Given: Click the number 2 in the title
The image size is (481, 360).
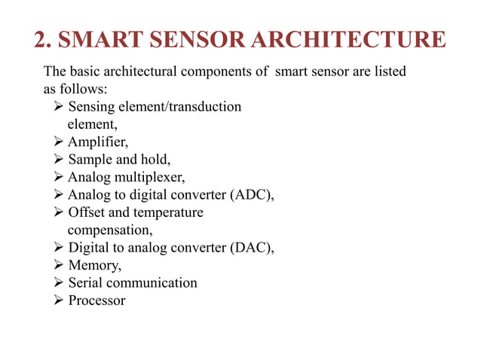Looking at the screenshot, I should pyautogui.click(x=42, y=40).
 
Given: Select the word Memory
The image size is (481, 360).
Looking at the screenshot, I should pyautogui.click(x=94, y=265).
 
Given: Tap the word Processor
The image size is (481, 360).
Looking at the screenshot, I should pyautogui.click(x=97, y=301).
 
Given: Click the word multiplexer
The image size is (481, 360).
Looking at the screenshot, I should pyautogui.click(x=147, y=177).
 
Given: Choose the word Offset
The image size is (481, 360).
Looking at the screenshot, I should pyautogui.click(x=86, y=212).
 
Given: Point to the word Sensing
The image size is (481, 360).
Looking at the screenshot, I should pyautogui.click(x=92, y=107).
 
